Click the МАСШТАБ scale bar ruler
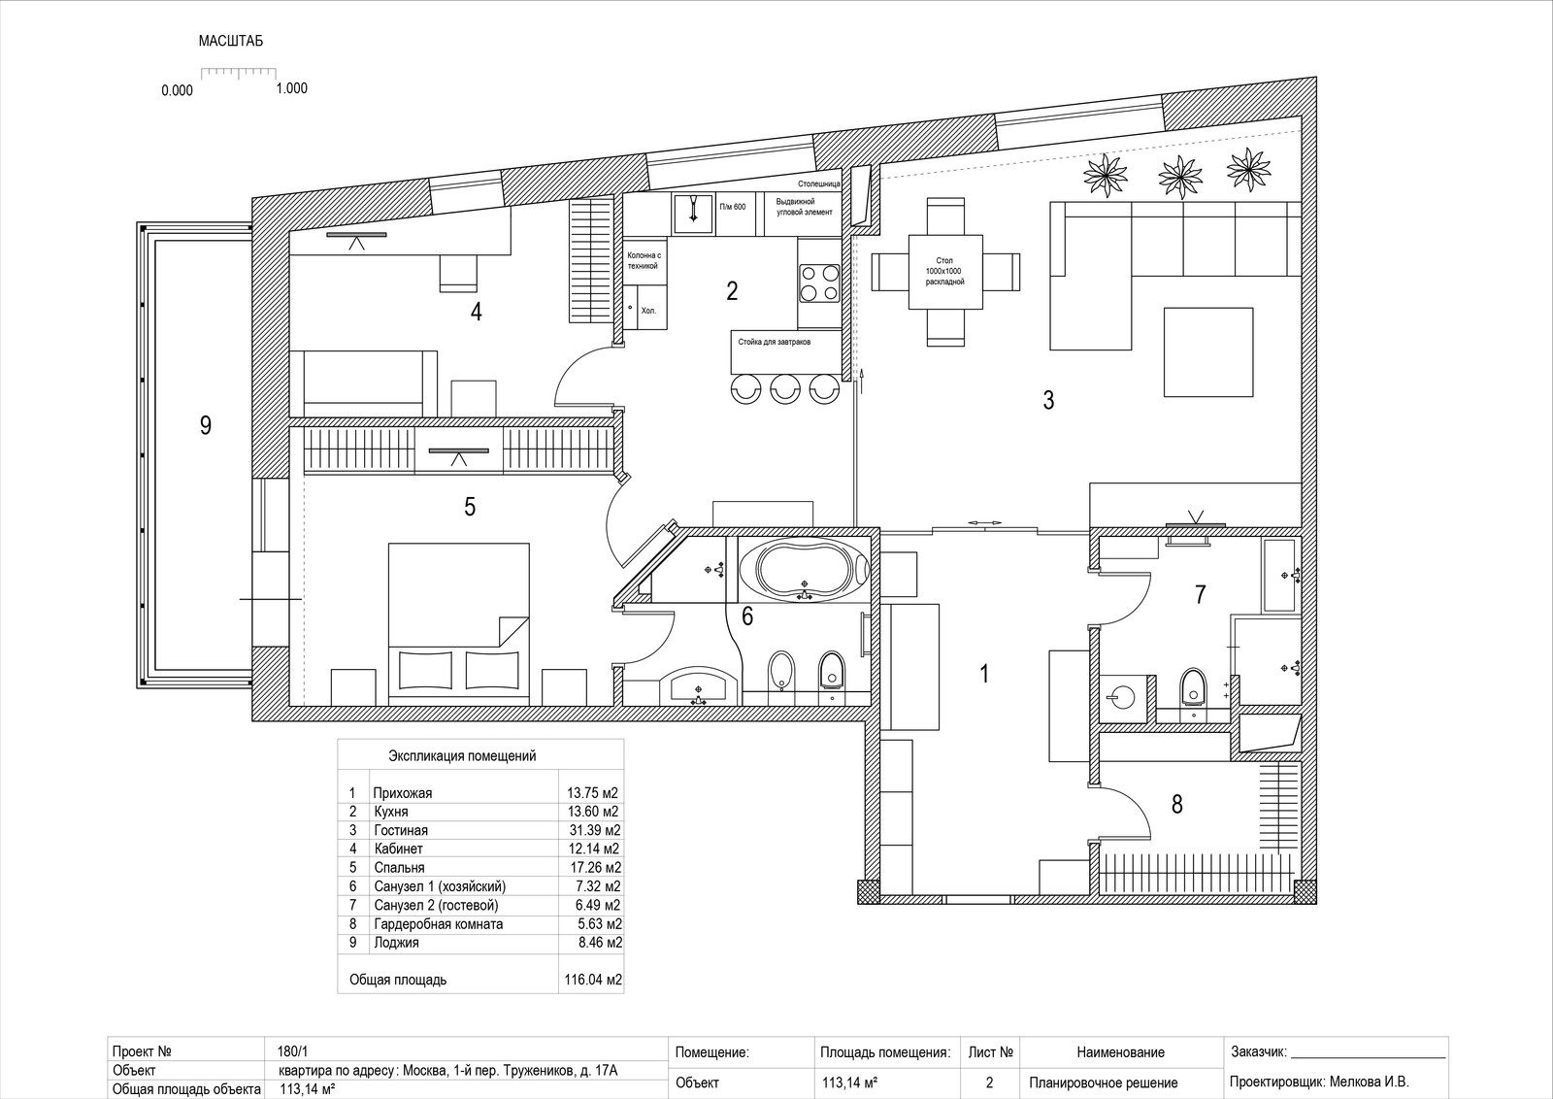pos(239,72)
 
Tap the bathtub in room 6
pos(804,569)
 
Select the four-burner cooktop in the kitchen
pos(819,283)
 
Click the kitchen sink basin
pos(693,213)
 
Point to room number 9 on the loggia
pos(205,425)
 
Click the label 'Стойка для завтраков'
pos(774,342)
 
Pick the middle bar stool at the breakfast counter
pos(785,387)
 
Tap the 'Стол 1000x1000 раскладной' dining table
pos(945,271)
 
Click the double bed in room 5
pos(459,624)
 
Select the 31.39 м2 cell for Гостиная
pos(592,830)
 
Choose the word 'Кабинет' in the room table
pos(398,849)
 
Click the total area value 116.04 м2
pos(593,980)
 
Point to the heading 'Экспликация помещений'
pos(462,755)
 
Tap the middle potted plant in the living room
pos(1179,176)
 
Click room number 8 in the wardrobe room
pos(1176,804)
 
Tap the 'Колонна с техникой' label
pos(644,261)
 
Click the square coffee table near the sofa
pos(1208,352)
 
